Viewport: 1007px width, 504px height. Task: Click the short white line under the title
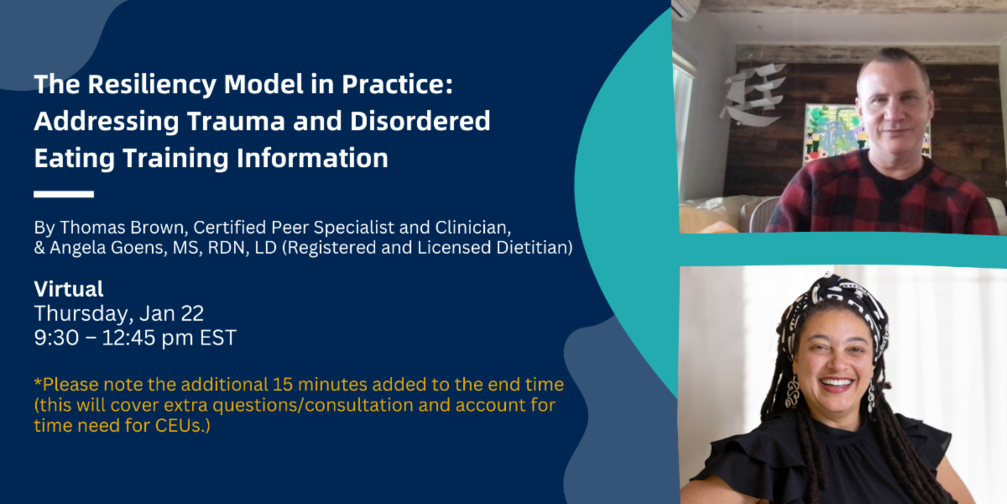(64, 194)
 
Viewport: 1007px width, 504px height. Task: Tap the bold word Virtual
(69, 290)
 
